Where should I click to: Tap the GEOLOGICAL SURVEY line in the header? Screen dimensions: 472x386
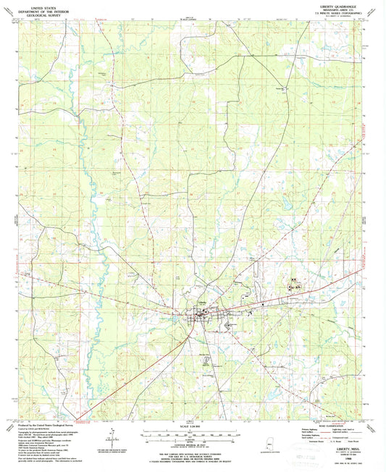click(x=42, y=13)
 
